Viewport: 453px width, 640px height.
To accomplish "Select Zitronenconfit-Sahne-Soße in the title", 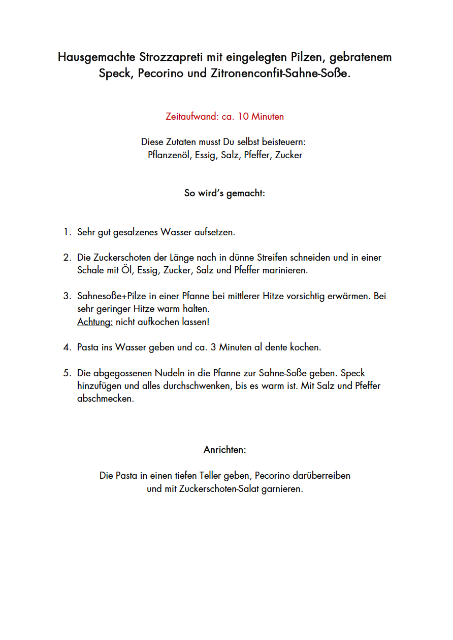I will pyautogui.click(x=279, y=74).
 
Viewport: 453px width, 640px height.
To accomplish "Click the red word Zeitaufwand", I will pyautogui.click(x=192, y=117).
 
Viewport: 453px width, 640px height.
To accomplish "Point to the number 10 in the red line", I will pyautogui.click(x=243, y=117).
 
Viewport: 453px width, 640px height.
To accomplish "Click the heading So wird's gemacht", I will pyautogui.click(x=224, y=193).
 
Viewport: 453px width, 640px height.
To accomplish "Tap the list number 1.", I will pyautogui.click(x=67, y=232).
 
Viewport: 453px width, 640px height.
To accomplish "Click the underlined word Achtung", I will pyautogui.click(x=95, y=322).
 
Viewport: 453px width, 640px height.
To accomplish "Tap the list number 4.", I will pyautogui.click(x=67, y=347).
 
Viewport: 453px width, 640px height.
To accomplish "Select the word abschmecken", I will pyautogui.click(x=106, y=399).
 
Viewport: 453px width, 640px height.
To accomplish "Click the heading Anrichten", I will pyautogui.click(x=224, y=450).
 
